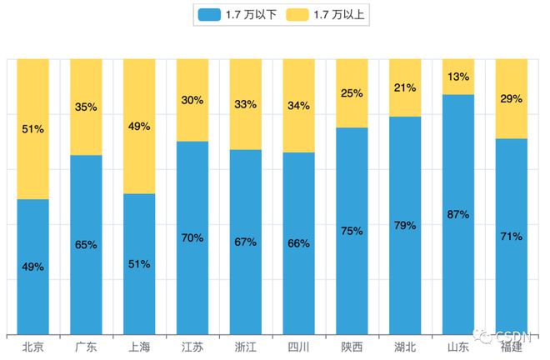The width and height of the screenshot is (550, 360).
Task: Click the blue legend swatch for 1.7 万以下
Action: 209,14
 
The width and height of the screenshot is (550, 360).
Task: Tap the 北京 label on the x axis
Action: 33,347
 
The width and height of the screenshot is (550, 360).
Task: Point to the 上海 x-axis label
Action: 139,347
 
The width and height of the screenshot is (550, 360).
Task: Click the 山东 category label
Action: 457,347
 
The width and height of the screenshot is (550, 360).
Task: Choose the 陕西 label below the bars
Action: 352,347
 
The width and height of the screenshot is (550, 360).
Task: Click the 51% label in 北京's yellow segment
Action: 33,129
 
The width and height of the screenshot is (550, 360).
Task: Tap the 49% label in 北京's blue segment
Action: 33,267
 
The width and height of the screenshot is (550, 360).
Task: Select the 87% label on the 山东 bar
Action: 457,214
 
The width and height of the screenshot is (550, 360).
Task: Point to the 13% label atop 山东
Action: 457,77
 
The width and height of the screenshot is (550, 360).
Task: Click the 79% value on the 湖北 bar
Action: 405,225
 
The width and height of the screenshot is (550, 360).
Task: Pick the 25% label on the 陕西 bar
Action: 352,93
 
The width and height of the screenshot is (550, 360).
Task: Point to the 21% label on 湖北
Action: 405,88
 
